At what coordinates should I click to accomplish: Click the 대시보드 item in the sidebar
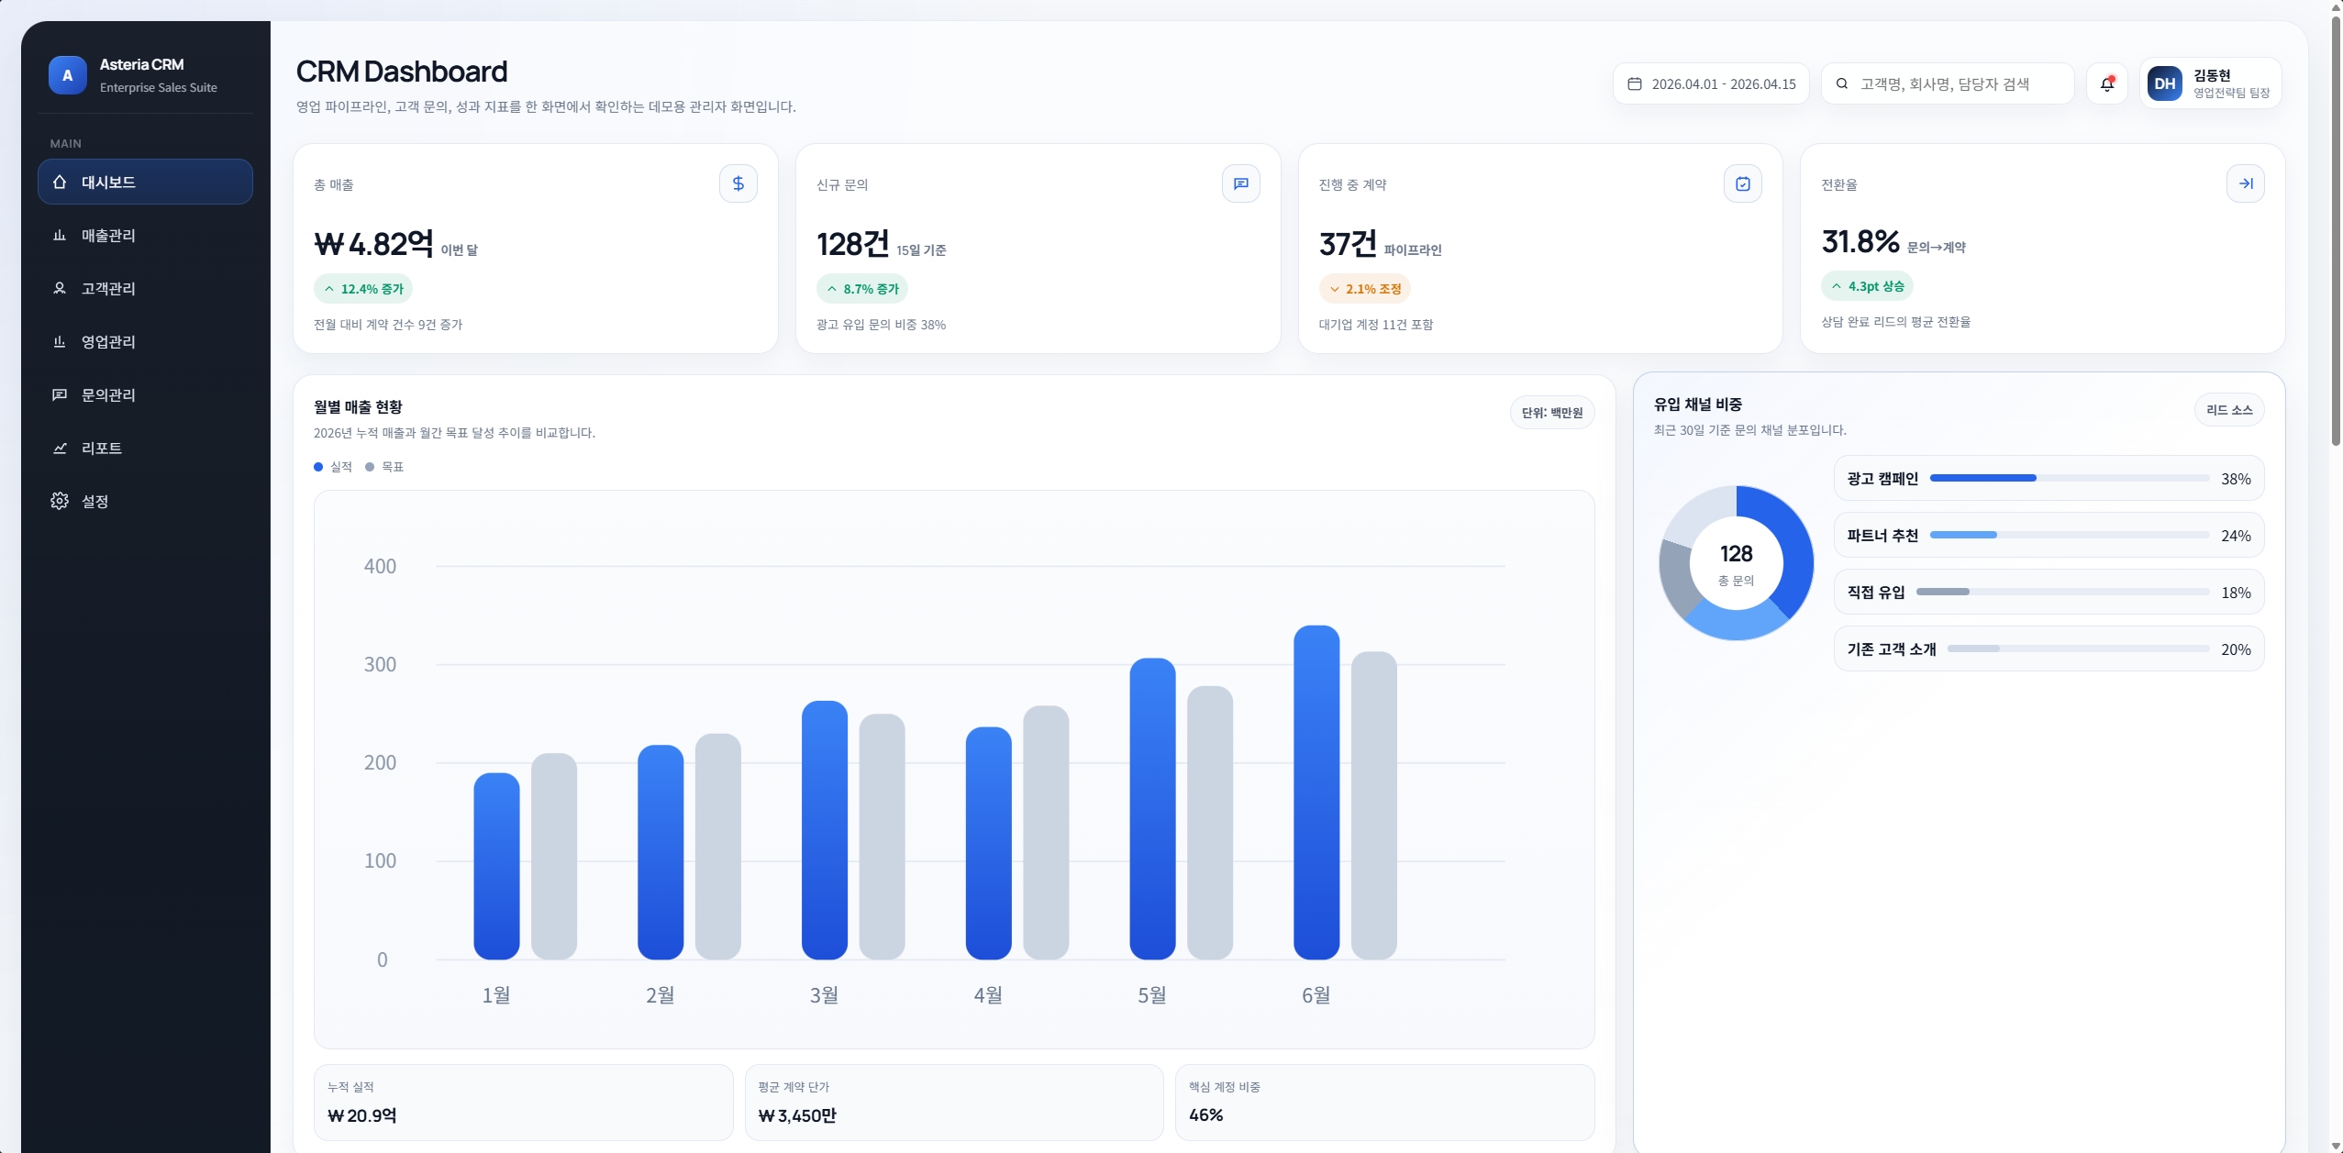[145, 182]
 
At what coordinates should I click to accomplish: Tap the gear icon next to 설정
[60, 501]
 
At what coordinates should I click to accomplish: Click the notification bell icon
[2107, 83]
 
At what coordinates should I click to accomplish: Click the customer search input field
[1947, 83]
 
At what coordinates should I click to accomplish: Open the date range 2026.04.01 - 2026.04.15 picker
[1711, 83]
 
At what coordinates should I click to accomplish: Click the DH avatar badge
[2165, 83]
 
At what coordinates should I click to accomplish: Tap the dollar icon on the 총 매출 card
[738, 183]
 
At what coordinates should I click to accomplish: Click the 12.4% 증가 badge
[363, 289]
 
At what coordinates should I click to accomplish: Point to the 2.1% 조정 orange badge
[1365, 289]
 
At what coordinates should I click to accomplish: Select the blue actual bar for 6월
[1316, 793]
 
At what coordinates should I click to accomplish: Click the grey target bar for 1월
[554, 857]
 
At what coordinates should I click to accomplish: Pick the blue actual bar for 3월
[825, 830]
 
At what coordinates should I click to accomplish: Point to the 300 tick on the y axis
[380, 664]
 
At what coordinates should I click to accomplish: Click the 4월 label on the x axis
[988, 995]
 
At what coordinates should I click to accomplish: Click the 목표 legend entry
[384, 467]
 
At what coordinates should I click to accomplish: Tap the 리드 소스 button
[2229, 410]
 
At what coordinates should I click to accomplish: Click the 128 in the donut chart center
[1737, 554]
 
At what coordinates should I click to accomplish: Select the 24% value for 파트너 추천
[2236, 536]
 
